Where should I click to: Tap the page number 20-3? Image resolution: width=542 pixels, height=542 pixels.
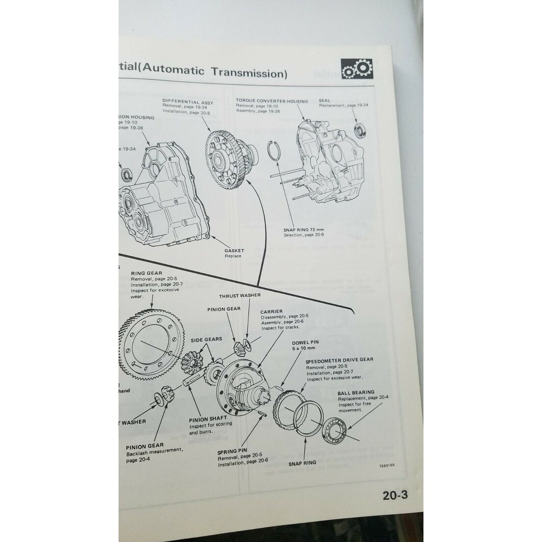tap(395, 495)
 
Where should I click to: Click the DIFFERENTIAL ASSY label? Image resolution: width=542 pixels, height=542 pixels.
tap(188, 102)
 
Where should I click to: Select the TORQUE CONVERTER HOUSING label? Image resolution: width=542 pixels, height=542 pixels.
tap(272, 101)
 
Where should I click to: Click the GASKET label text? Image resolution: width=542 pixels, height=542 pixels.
tap(234, 250)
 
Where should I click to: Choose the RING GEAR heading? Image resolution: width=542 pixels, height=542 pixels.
tap(147, 273)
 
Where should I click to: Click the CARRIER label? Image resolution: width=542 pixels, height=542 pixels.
tap(272, 311)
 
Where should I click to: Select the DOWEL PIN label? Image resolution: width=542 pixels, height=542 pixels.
tap(305, 342)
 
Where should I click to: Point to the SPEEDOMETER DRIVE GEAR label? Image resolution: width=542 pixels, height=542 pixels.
tap(339, 359)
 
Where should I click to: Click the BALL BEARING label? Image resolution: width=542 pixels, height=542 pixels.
tap(356, 393)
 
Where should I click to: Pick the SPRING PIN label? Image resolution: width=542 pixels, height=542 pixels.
tap(232, 451)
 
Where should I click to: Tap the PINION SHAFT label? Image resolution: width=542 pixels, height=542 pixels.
tap(208, 418)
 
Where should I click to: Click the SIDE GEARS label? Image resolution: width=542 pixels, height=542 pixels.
tap(206, 339)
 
